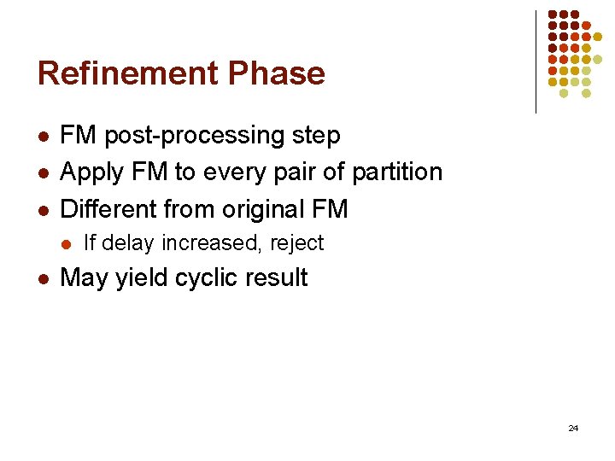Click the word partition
pos(398,172)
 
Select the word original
pos(266,208)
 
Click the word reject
pos(297,244)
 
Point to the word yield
pos(147,278)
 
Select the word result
pos(279,278)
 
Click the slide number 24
pos(573,427)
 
